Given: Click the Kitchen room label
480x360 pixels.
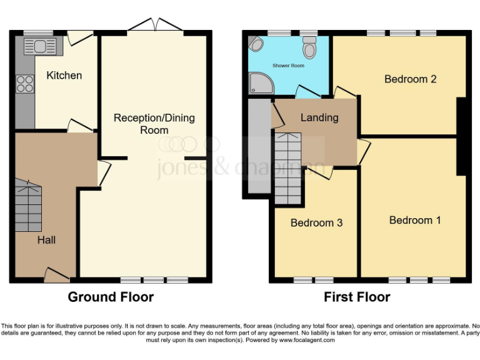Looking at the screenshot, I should pos(64,76).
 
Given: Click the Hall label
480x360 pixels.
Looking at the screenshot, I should pos(46,239).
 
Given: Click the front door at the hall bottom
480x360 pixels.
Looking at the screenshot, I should pos(56,275).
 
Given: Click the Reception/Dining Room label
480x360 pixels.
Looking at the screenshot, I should pos(154,124).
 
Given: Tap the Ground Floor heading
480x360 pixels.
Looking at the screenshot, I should pos(111,297).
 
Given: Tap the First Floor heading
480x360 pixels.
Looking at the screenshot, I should pos(356,297).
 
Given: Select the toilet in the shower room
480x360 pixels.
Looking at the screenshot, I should pos(309,47).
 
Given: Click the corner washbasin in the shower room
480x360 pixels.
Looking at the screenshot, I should pos(255,44).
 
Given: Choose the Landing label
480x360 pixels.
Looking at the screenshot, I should pos(319,117).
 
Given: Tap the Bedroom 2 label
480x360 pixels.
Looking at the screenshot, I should pos(410,79).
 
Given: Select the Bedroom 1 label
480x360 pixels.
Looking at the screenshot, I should pos(415,220).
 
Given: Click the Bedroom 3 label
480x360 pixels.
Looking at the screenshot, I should pos(316,222).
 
